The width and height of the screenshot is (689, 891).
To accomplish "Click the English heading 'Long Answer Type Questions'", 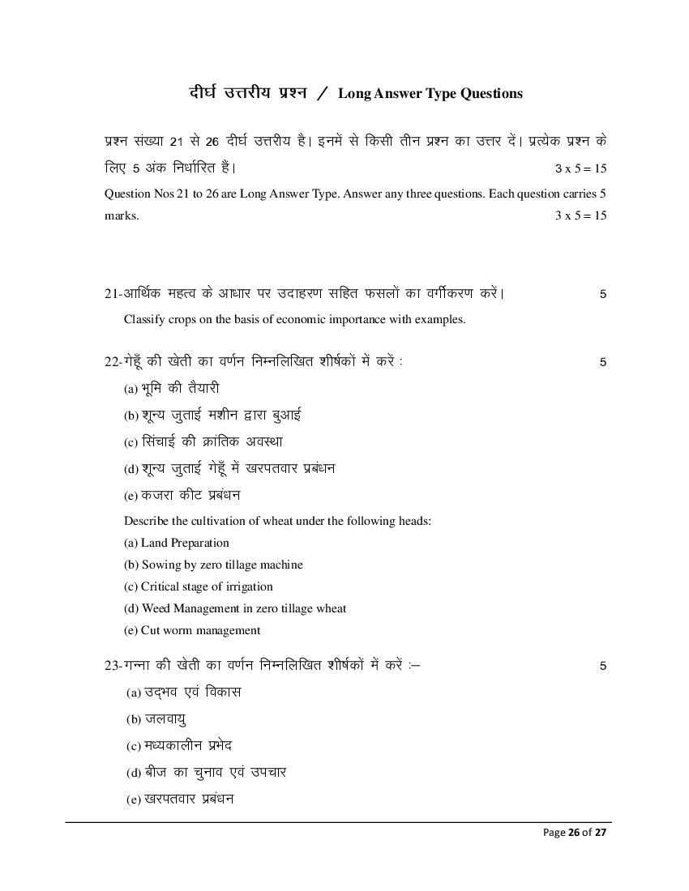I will (430, 93).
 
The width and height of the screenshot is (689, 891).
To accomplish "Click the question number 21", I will (112, 293).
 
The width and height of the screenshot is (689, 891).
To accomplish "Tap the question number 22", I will (112, 361).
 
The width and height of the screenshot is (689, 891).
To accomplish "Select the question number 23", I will (112, 666).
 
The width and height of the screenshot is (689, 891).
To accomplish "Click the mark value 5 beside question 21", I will (602, 294).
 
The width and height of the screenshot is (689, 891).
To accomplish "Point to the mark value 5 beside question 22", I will (602, 362).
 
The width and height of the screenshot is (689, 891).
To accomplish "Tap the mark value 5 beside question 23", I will (602, 667).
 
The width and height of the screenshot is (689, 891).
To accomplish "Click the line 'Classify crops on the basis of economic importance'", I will (294, 319).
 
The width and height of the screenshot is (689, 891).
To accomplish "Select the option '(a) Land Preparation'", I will (176, 543).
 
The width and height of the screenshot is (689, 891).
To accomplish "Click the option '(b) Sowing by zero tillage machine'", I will (213, 565).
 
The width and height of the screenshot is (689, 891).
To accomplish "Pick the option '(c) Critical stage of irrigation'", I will (198, 586).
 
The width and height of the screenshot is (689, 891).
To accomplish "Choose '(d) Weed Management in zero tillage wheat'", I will (235, 608).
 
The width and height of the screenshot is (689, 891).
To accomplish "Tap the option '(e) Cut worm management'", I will (192, 630).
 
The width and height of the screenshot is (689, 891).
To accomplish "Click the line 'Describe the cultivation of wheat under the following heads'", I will (277, 521).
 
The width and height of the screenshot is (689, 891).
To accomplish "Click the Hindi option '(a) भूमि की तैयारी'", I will (172, 389).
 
